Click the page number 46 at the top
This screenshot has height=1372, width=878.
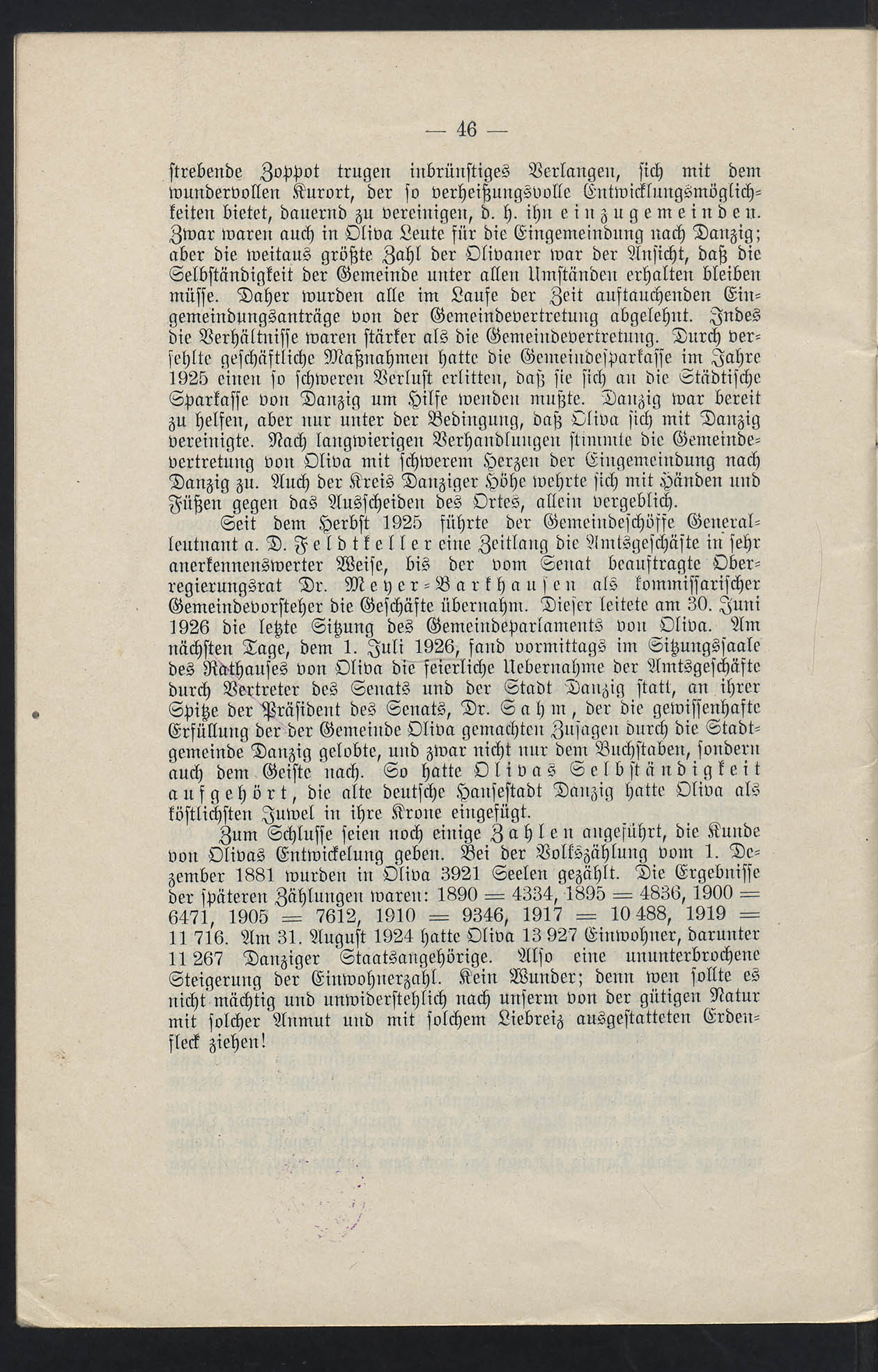466,130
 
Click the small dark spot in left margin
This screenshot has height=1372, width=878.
33,714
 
